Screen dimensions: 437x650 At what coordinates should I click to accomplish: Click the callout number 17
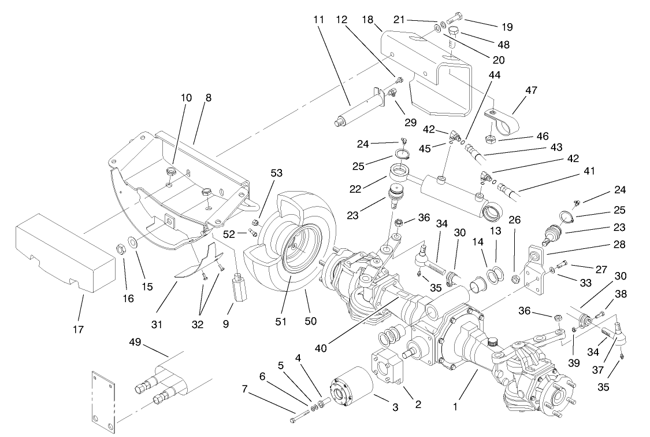tap(78, 329)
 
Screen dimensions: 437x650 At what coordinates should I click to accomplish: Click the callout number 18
tap(367, 19)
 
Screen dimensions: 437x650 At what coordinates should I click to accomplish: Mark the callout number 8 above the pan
tap(208, 97)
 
